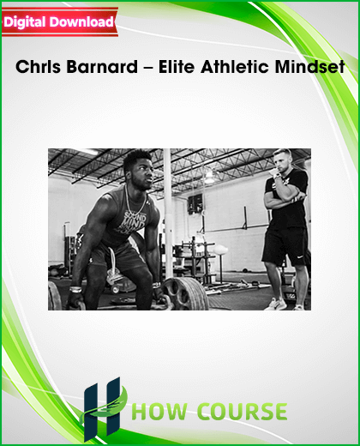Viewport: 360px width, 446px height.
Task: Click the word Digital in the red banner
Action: point(25,22)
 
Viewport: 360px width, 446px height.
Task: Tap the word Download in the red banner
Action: point(81,21)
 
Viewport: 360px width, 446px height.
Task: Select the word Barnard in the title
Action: point(102,67)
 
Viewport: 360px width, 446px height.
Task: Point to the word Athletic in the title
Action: point(235,67)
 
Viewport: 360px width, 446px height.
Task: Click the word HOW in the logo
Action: point(159,412)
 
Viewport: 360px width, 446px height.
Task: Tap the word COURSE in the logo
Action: point(243,412)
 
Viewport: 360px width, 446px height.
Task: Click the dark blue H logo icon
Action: point(102,409)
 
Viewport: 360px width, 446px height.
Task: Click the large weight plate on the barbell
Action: point(185,294)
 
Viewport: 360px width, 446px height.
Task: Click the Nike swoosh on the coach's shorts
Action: point(299,256)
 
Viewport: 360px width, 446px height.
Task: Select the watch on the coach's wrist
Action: point(277,175)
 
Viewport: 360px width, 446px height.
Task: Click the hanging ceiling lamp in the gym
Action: point(209,177)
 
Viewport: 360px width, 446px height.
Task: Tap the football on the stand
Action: point(220,250)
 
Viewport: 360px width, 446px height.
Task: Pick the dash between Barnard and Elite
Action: point(148,69)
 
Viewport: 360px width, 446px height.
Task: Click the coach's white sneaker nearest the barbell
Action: point(276,304)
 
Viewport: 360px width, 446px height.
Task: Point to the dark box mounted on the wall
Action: point(195,204)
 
